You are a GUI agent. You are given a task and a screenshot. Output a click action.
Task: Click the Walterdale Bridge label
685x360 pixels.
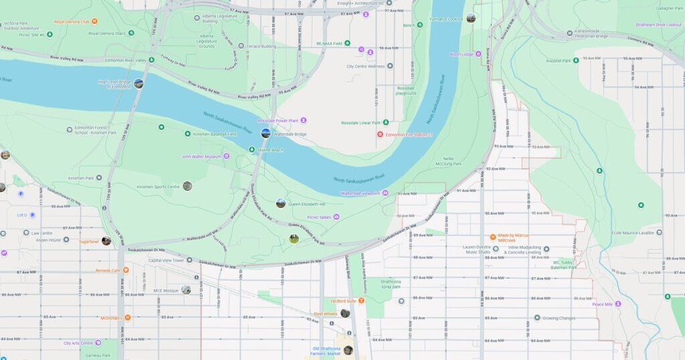(x=290, y=134)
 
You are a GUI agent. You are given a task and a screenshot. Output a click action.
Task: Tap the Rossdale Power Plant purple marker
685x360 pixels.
(x=303, y=120)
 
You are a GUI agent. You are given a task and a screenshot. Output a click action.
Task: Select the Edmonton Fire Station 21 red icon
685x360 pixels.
(x=380, y=134)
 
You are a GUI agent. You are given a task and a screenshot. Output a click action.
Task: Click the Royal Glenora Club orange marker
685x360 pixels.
(x=95, y=21)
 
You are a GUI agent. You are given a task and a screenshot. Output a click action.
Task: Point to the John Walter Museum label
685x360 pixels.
(x=201, y=157)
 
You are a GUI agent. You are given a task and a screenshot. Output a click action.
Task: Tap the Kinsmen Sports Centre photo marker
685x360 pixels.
(x=187, y=186)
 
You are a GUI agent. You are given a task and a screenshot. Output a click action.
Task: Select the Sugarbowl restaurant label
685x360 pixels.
(x=88, y=242)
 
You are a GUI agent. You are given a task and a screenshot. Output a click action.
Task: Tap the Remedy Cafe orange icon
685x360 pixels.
(x=125, y=270)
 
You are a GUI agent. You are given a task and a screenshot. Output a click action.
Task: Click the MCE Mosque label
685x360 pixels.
(x=166, y=290)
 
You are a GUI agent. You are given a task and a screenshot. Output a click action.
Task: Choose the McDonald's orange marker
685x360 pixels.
(x=127, y=318)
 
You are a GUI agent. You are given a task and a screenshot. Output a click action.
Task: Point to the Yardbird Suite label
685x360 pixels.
(x=342, y=301)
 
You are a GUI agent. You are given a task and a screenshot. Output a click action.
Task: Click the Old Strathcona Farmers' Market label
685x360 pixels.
(x=326, y=351)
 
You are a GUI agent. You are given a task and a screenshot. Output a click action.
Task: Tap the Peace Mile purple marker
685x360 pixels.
(x=617, y=304)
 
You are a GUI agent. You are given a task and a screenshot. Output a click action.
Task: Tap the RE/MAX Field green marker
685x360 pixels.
(x=347, y=43)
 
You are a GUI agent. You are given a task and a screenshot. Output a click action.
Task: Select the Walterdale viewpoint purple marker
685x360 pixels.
(x=385, y=193)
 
